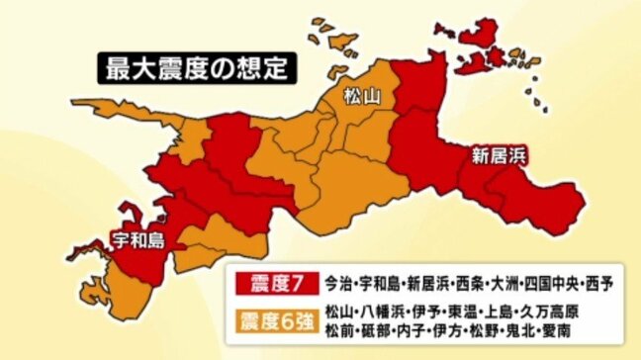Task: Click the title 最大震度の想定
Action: pyautogui.click(x=194, y=70)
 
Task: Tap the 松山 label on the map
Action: pyautogui.click(x=362, y=97)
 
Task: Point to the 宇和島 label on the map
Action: pyautogui.click(x=137, y=237)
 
